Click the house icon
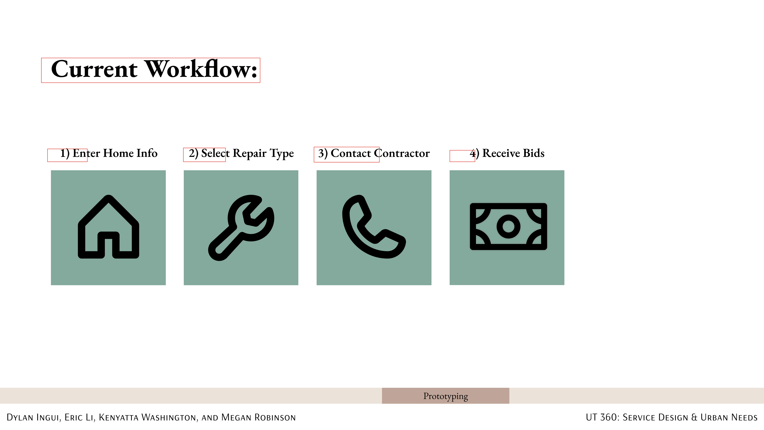click(108, 227)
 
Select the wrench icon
click(241, 228)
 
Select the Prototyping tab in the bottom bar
click(445, 396)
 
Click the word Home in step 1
click(118, 153)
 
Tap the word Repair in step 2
click(249, 154)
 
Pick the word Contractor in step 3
click(402, 153)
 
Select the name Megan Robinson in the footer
click(259, 417)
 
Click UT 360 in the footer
click(602, 417)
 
